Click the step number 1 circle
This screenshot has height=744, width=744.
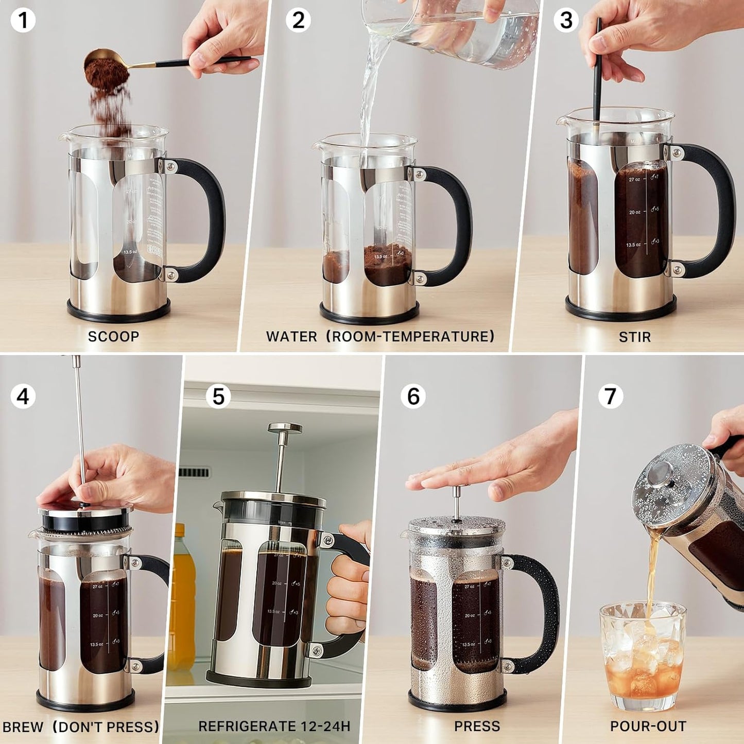pos(23,21)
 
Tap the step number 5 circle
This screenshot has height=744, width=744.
pos(218,396)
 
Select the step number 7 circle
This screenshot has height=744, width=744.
pos(610,396)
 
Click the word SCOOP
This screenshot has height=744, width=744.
pos(113,337)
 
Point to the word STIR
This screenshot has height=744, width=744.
pos(634,337)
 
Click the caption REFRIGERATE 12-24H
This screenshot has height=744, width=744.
pos(274,726)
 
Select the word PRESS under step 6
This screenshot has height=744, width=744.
pos(477,726)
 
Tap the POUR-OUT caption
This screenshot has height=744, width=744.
pos(648,726)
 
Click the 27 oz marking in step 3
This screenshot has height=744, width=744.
pos(634,180)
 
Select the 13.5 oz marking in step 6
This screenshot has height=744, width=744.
pos(469,645)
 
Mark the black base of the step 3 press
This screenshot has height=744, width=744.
pos(620,309)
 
